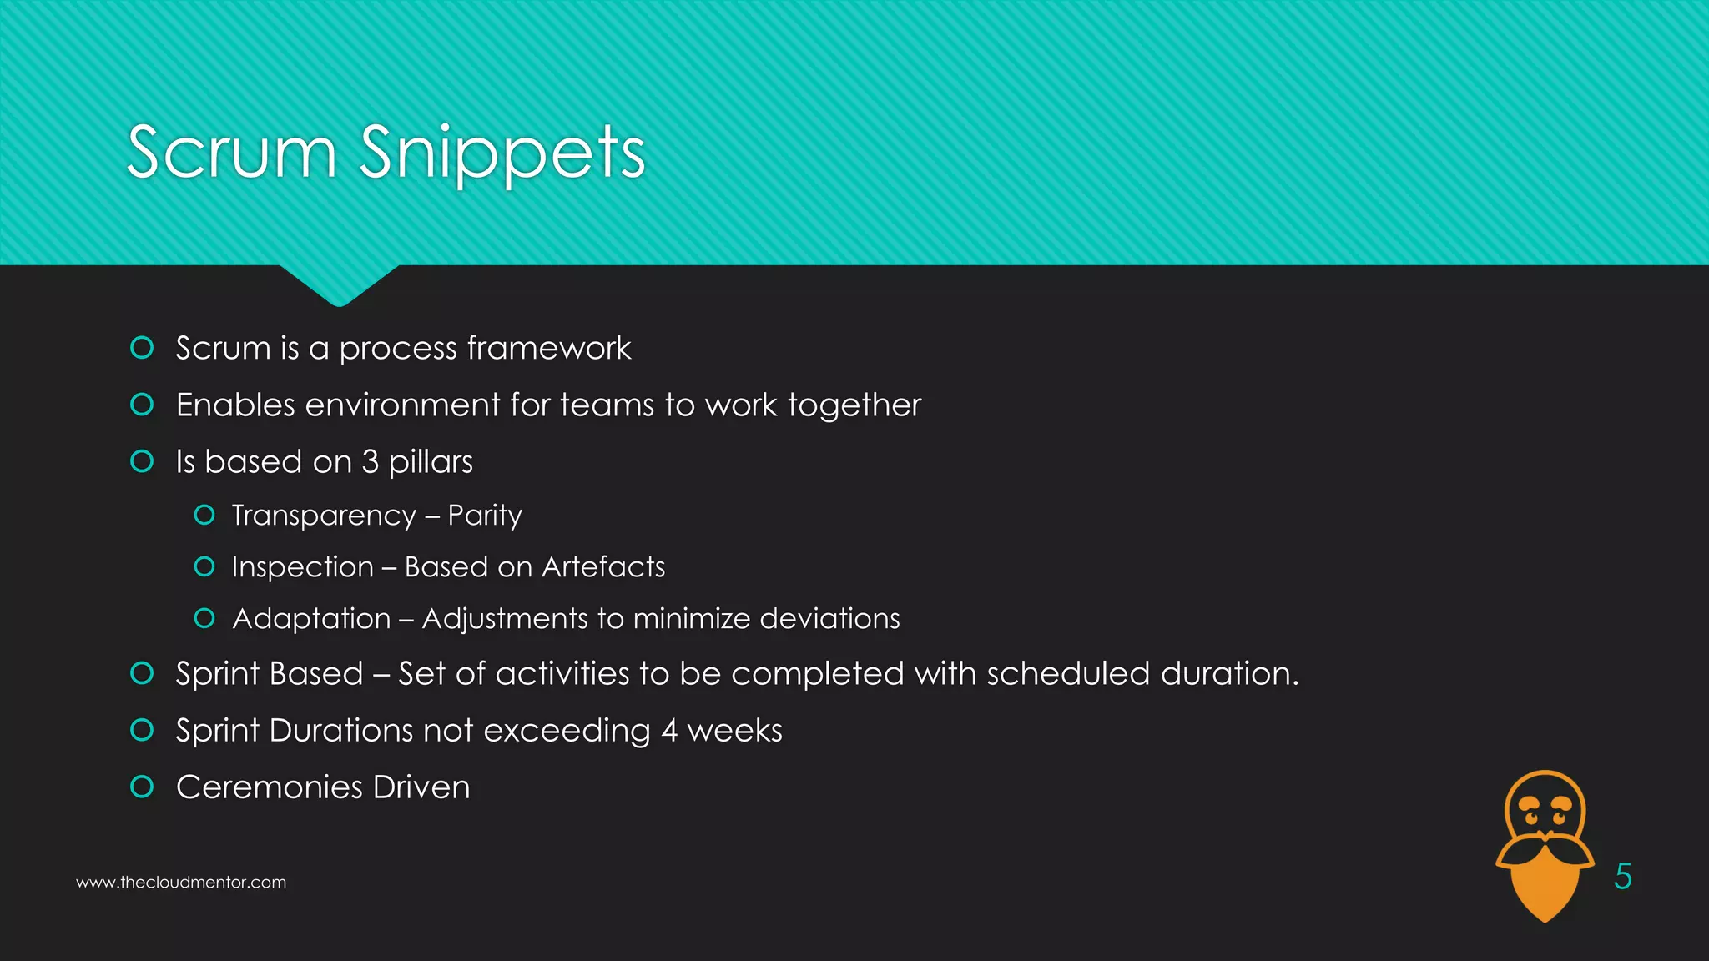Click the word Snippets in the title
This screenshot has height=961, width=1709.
pos(502,153)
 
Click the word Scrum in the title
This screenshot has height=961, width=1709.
pos(232,153)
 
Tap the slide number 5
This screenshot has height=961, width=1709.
pos(1622,876)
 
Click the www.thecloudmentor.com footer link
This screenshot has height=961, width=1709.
pos(181,883)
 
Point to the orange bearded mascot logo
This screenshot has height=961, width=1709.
pos(1545,845)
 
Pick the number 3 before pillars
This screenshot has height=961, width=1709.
pos(370,462)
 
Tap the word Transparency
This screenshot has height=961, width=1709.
pos(324,516)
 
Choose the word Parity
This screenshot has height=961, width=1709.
pos(485,516)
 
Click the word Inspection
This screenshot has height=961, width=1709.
pos(302,567)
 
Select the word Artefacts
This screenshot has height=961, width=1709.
pos(603,567)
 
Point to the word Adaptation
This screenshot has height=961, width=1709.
pos(311,619)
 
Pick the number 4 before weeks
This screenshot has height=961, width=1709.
pos(669,731)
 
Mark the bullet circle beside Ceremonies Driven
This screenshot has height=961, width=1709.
pos(143,787)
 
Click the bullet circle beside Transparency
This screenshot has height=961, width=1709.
pos(204,515)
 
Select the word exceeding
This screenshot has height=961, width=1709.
pos(567,731)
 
